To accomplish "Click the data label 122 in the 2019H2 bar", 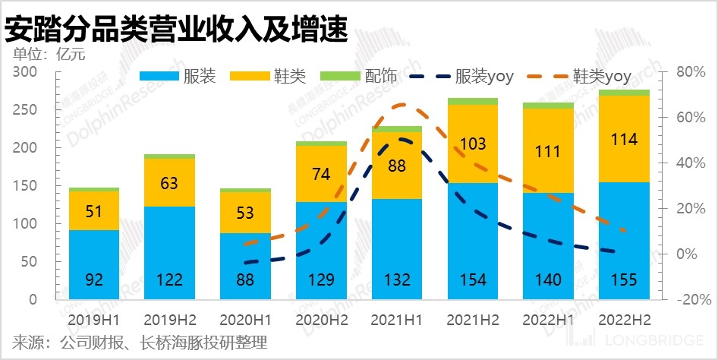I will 169,280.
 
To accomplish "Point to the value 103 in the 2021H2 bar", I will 473,144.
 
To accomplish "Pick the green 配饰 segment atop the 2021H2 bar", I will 473,101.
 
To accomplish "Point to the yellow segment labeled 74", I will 321,173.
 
